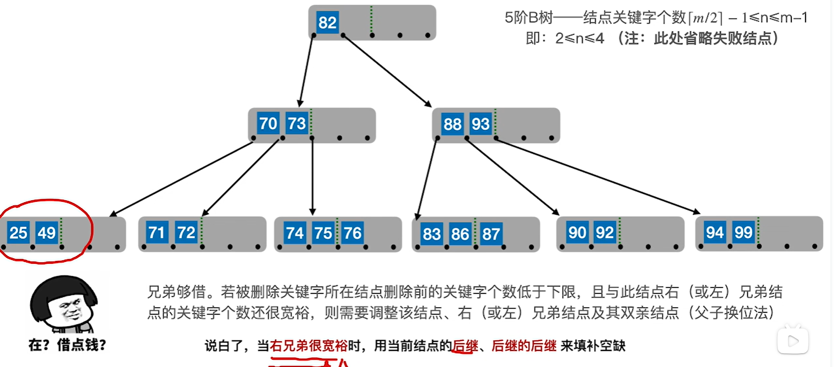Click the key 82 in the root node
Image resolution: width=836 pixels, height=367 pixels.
pos(327,22)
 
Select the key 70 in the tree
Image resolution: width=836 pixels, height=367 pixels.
pos(268,124)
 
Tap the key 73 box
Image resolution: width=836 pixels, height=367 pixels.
pos(297,124)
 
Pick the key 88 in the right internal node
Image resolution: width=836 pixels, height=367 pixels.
pos(452,124)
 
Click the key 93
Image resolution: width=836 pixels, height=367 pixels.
pos(480,124)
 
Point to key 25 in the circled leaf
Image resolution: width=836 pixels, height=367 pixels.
pos(19,233)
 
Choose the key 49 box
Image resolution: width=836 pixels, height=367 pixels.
pos(47,233)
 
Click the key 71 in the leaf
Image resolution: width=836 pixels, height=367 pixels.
pos(156,232)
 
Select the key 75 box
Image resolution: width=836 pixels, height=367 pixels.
pos(323,233)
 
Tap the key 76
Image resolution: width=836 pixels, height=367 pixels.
pos(352,233)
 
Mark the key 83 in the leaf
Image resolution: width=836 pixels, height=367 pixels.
pos(431,234)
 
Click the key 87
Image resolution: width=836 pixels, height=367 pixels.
pos(491,234)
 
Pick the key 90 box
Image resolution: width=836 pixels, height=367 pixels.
pos(577,232)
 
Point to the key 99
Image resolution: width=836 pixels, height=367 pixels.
pos(743,232)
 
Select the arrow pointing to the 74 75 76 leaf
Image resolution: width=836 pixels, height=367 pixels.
pos(312,176)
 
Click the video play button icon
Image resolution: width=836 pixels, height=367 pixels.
pos(793,340)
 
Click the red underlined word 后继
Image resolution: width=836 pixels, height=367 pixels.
pos(465,346)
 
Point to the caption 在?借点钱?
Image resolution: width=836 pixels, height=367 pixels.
pos(67,345)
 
